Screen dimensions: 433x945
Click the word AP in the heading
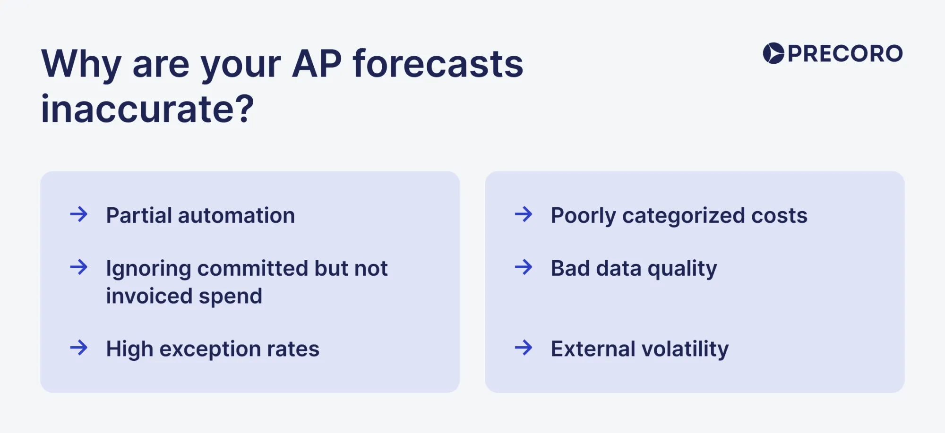[317, 64]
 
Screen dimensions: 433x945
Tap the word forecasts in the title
[438, 64]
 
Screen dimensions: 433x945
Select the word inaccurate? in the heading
[147, 109]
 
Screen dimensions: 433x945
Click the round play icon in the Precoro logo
[773, 53]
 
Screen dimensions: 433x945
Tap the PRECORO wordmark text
[845, 53]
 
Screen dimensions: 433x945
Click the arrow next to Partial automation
[79, 214]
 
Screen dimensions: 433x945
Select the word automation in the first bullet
[236, 215]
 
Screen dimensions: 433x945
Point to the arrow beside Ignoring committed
[79, 267]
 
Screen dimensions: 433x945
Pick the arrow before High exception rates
[79, 348]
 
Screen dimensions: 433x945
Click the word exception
[210, 349]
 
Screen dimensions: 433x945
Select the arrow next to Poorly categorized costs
[524, 214]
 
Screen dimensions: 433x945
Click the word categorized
[684, 216]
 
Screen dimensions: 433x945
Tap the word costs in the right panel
[779, 215]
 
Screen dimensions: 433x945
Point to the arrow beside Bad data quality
[524, 267]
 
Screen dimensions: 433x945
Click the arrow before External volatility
[524, 348]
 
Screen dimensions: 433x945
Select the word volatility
[685, 349]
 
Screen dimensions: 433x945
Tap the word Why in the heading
[82, 65]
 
